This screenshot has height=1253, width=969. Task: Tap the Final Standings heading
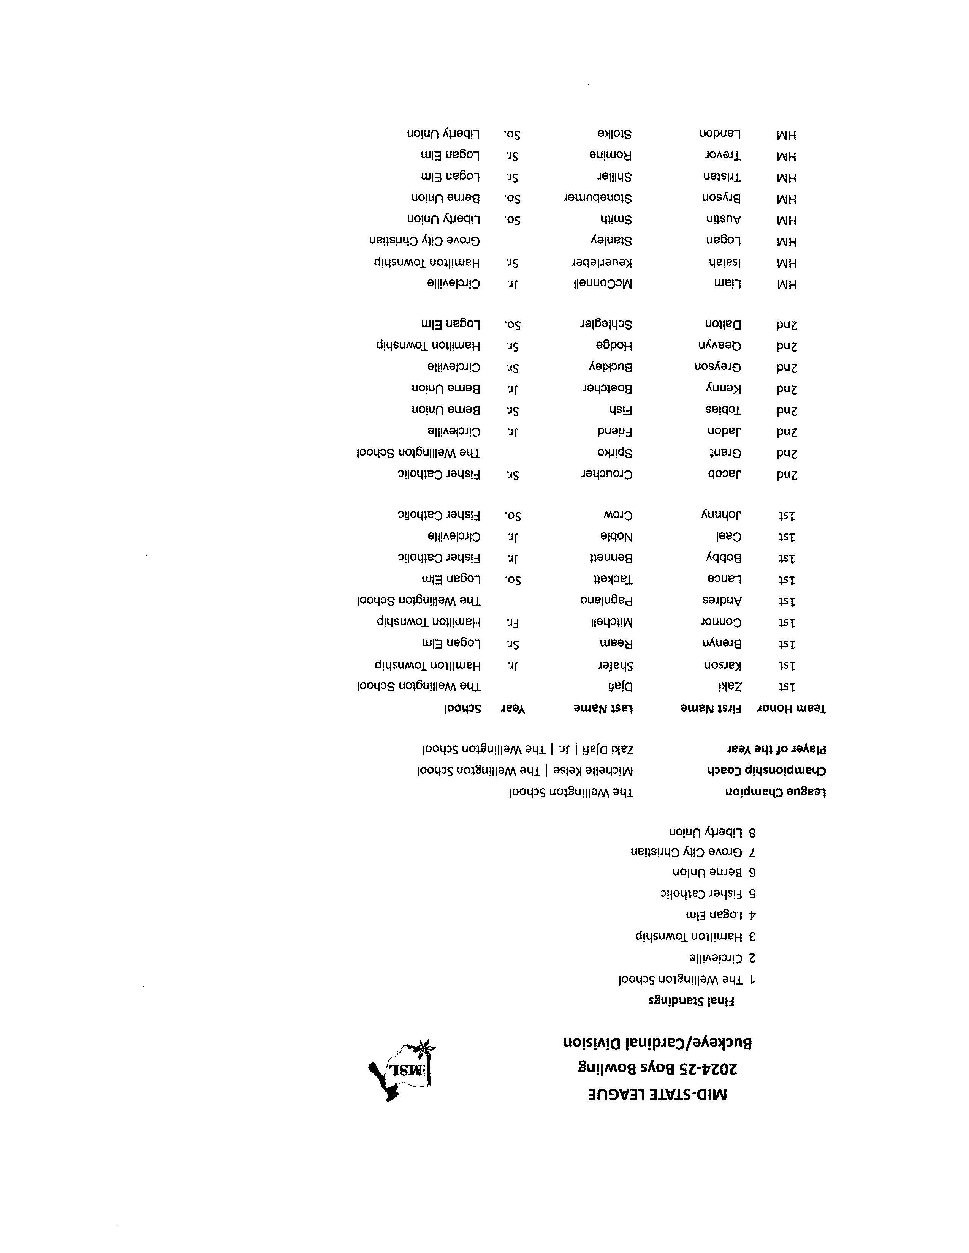click(x=691, y=1002)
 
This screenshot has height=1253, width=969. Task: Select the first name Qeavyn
click(x=719, y=346)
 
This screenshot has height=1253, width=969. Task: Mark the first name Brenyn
click(x=722, y=643)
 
